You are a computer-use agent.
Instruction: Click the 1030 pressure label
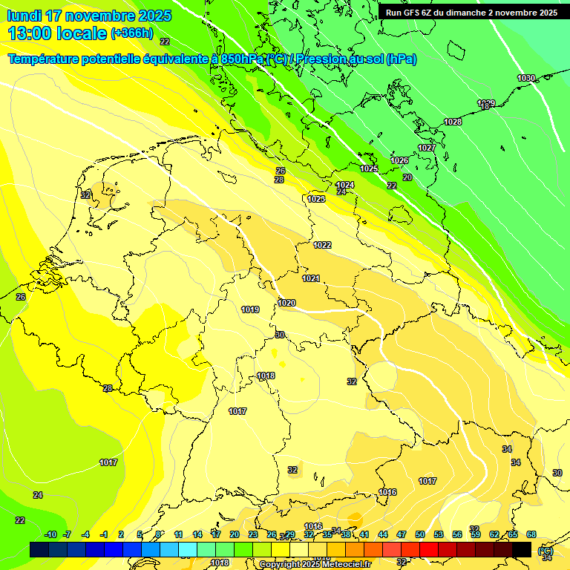pos(526,78)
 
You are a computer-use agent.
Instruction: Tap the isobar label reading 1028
pos(453,122)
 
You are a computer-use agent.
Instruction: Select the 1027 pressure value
pos(427,148)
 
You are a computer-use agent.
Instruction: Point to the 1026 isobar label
pos(399,160)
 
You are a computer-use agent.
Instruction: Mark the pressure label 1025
pos(369,169)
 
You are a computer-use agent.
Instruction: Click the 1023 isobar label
pos(316,199)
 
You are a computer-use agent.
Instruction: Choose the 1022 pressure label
pos(322,245)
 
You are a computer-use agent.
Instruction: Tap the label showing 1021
pos(311,278)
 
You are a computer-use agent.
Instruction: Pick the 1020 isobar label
pos(286,303)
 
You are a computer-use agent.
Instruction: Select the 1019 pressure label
pos(250,309)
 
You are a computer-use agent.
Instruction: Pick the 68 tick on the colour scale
pos(531,534)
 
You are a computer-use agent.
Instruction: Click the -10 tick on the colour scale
pos(51,534)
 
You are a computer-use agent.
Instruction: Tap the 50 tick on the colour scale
pos(420,534)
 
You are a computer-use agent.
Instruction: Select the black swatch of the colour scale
pos(522,549)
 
